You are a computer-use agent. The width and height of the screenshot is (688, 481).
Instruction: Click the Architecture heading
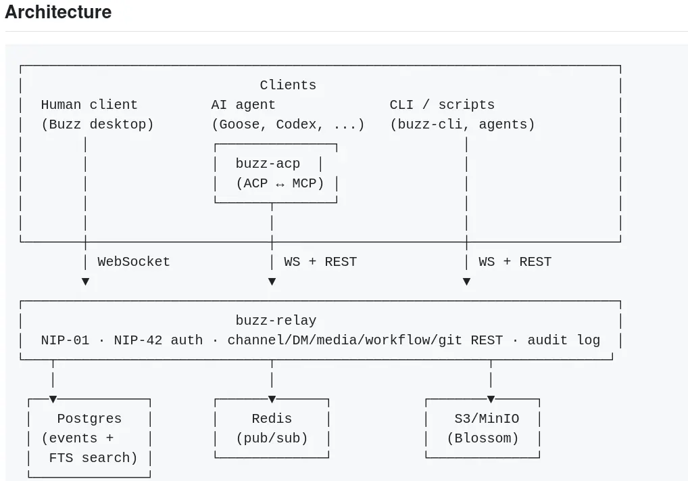point(58,12)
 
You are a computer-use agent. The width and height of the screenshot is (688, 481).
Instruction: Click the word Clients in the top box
point(288,85)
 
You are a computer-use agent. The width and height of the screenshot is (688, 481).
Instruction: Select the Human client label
point(89,105)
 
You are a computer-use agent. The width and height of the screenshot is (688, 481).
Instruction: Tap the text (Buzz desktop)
point(97,124)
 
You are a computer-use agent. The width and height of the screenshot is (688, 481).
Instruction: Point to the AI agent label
point(243,105)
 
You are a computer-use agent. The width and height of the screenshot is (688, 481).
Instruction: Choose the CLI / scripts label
point(442,105)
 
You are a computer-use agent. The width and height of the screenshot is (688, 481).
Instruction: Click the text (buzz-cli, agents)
point(462,124)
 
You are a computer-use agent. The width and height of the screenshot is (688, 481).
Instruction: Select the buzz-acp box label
point(268,164)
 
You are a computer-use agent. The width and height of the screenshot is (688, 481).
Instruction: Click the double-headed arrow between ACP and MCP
point(280,184)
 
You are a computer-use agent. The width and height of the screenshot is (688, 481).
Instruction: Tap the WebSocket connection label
point(133,262)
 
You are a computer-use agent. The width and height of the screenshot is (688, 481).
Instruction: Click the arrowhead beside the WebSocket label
point(86,281)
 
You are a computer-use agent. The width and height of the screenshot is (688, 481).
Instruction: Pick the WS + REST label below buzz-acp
point(320,262)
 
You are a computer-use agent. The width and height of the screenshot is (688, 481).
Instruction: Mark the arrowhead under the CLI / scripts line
point(466,281)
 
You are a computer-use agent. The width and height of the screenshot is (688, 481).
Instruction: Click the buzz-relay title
point(276,320)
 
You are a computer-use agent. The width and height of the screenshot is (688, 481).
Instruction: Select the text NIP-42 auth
point(158,340)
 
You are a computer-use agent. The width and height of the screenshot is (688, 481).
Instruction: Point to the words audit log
point(564,340)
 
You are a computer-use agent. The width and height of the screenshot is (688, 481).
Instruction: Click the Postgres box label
point(89,419)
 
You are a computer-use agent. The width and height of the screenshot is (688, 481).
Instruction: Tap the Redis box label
point(272,418)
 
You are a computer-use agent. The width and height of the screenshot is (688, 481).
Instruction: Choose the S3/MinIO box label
point(487,418)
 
